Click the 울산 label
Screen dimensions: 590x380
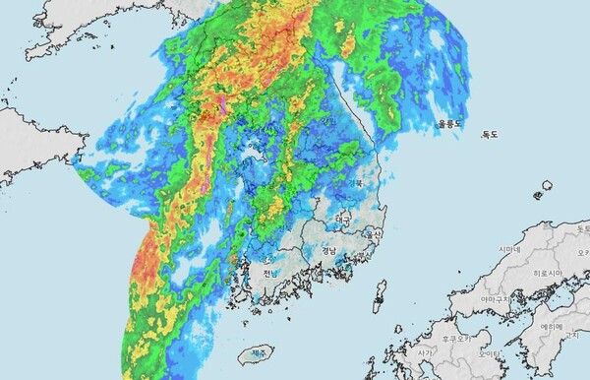(374, 235)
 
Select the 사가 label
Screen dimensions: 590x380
(426, 351)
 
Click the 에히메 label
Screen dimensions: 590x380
(551, 326)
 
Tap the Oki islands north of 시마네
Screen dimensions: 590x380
(547, 186)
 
